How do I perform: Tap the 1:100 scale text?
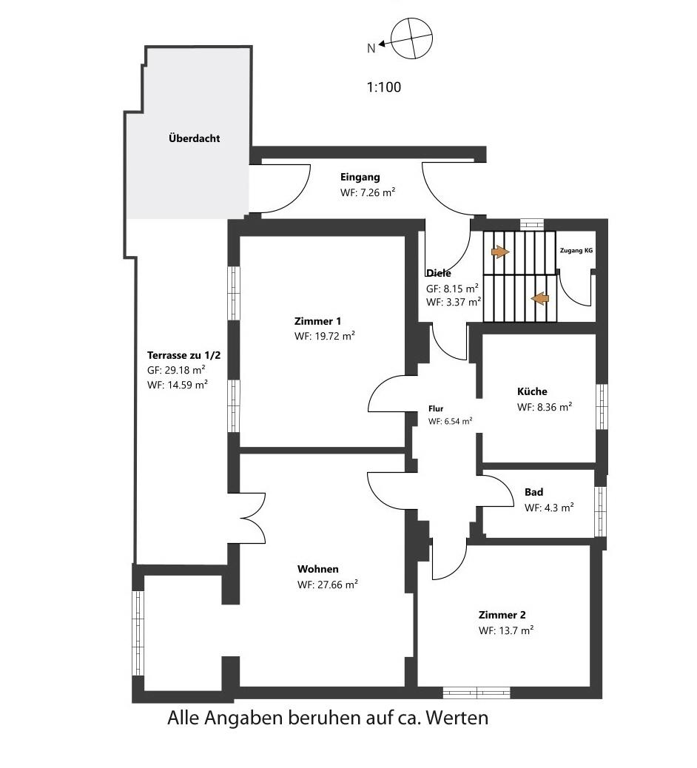pyautogui.click(x=384, y=87)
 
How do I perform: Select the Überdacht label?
pyautogui.click(x=195, y=138)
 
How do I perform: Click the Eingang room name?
pyautogui.click(x=360, y=178)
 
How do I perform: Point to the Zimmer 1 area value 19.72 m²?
pyautogui.click(x=324, y=336)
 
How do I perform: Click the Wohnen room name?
pyautogui.click(x=318, y=569)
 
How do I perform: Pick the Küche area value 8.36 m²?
pyautogui.click(x=545, y=407)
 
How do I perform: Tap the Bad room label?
pyautogui.click(x=534, y=492)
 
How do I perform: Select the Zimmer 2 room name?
pyautogui.click(x=502, y=615)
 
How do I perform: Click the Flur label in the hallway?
pyautogui.click(x=436, y=408)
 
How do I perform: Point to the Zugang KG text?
pyautogui.click(x=576, y=250)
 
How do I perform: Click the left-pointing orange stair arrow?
pyautogui.click(x=540, y=297)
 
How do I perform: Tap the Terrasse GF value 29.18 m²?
pyautogui.click(x=176, y=370)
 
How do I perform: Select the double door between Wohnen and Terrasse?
pyautogui.click(x=253, y=518)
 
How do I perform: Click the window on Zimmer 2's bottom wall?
pyautogui.click(x=477, y=693)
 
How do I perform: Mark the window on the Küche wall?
pyautogui.click(x=602, y=406)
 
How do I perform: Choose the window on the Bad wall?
pyautogui.click(x=601, y=511)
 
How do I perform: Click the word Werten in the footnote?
pyautogui.click(x=457, y=718)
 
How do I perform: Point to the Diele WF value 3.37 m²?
pyautogui.click(x=454, y=302)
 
